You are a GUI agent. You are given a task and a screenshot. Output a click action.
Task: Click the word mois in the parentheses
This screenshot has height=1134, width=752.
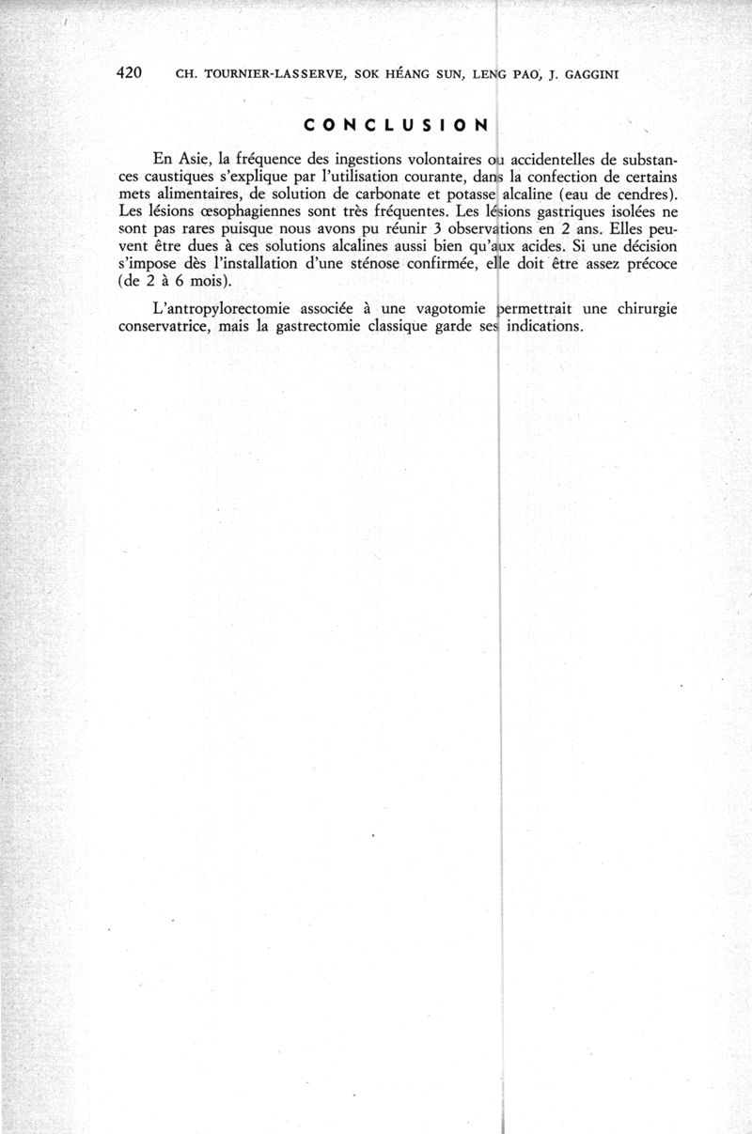207,280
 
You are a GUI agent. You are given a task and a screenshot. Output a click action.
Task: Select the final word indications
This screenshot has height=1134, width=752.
544,326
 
